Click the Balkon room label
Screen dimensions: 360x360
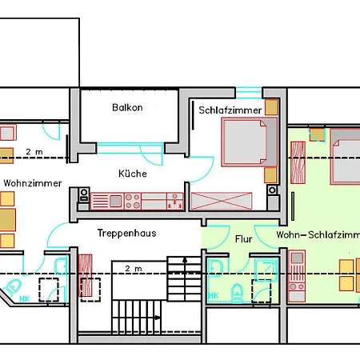click(x=127, y=107)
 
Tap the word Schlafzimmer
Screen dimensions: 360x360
click(x=230, y=110)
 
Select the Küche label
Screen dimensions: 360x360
click(x=133, y=174)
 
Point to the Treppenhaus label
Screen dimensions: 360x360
click(x=126, y=233)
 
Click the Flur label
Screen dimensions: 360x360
click(x=243, y=239)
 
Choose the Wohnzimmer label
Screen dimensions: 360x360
click(x=33, y=183)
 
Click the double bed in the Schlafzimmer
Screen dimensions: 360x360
click(x=249, y=142)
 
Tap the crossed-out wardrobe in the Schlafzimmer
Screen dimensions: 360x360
click(x=222, y=201)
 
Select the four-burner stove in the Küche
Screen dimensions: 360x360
click(x=133, y=201)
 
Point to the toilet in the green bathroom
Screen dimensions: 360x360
click(x=237, y=294)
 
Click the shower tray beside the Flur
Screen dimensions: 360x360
click(x=266, y=270)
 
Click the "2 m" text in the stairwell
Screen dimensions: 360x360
click(x=134, y=269)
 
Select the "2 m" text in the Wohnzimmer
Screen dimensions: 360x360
click(x=34, y=152)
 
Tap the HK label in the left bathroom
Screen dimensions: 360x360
click(x=24, y=298)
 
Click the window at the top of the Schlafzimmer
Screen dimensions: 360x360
click(x=249, y=93)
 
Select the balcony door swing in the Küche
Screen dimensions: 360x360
click(x=151, y=155)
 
